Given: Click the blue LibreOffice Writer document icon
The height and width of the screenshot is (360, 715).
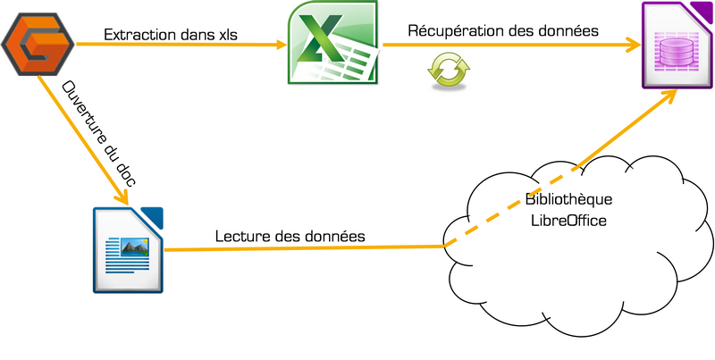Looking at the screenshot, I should [129, 249].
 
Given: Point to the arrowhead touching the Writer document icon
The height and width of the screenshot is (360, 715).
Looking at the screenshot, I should [124, 199].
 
